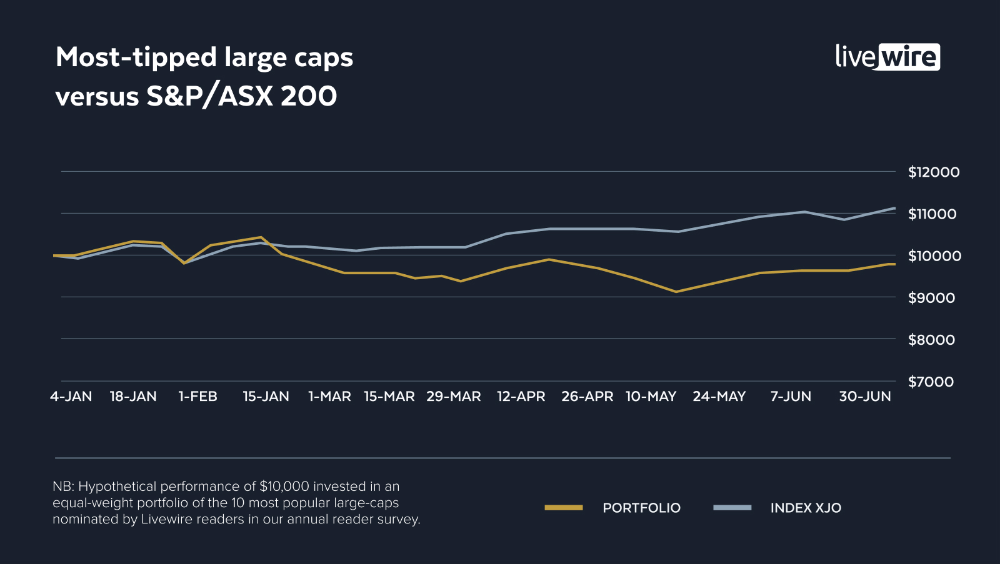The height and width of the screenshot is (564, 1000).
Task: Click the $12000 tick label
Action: (933, 172)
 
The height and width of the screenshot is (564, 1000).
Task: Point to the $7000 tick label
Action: (931, 382)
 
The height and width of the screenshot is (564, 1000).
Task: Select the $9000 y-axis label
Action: (931, 298)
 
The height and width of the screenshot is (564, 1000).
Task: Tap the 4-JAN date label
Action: (71, 397)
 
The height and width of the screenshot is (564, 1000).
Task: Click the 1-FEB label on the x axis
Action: (197, 397)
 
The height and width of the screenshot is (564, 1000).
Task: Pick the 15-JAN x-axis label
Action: (266, 397)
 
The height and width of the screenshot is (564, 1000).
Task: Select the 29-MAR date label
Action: (453, 397)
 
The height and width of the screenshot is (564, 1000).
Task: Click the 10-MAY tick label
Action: (651, 397)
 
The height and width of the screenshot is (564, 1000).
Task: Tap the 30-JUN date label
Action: (864, 397)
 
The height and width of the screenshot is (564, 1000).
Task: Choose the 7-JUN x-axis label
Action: (791, 397)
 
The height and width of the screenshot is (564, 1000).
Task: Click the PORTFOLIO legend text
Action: (641, 508)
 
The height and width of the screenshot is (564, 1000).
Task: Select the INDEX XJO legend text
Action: (806, 508)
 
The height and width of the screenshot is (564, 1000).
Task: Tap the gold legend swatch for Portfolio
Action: (563, 508)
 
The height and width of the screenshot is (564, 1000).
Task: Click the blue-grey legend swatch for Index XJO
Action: (732, 508)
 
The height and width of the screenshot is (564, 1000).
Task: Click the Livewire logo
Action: (887, 57)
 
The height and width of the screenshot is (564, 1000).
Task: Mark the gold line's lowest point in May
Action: (676, 292)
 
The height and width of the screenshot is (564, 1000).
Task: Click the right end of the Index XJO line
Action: (894, 208)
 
